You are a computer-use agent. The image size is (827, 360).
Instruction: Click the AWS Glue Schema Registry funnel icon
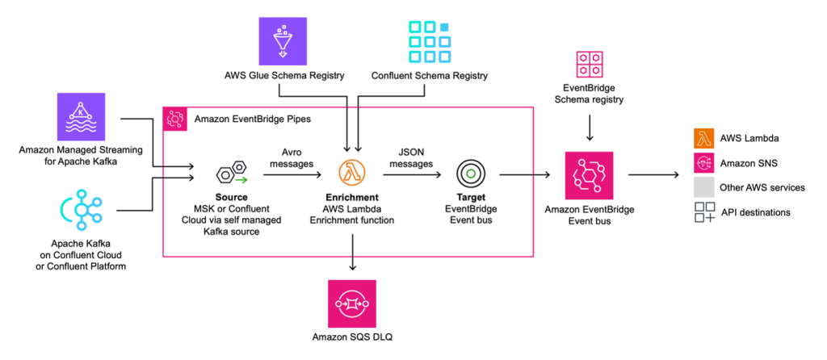pos(283,41)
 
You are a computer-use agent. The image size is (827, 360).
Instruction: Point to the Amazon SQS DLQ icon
pos(352,304)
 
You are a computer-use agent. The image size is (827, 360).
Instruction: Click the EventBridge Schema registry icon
pos(589,65)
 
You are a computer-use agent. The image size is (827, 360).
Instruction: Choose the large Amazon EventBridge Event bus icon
pos(589,175)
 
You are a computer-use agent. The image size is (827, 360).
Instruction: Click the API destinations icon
pos(704,212)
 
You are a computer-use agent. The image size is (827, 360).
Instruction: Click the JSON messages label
pos(411,157)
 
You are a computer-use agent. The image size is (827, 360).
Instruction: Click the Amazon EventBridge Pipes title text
pos(253,119)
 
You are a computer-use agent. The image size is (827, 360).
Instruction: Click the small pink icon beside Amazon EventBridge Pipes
pos(175,119)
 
